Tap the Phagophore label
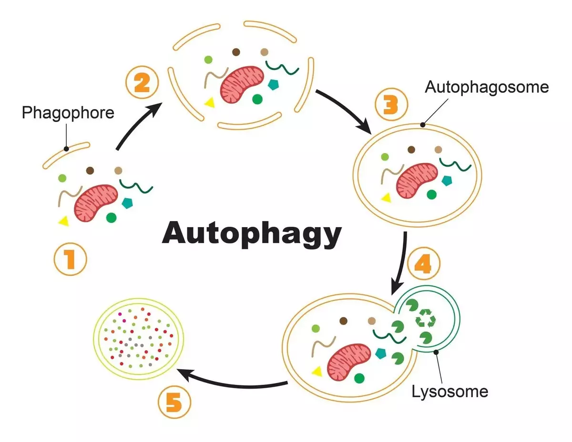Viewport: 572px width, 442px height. tap(68, 113)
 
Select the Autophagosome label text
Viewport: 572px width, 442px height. tap(487, 87)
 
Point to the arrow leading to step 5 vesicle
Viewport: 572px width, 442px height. tap(234, 379)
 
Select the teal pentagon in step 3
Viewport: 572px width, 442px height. tap(447, 181)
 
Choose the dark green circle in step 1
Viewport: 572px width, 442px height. tap(111, 218)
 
